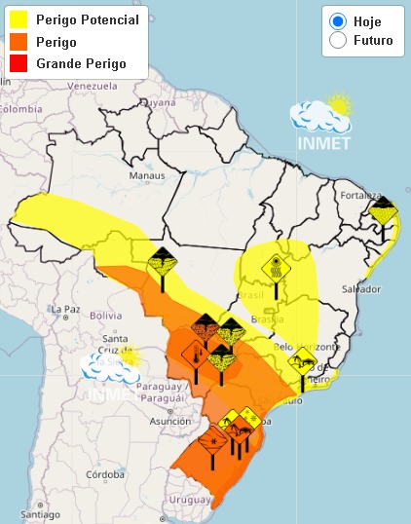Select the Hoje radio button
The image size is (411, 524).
[338, 21]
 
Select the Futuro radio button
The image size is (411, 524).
[338, 40]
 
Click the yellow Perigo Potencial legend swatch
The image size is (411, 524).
[18, 19]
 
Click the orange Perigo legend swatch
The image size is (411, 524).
[18, 42]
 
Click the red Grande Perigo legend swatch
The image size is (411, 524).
[18, 63]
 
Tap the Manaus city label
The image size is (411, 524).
[148, 176]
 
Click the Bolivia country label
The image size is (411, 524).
[78, 316]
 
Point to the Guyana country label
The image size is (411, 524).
[158, 100]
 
